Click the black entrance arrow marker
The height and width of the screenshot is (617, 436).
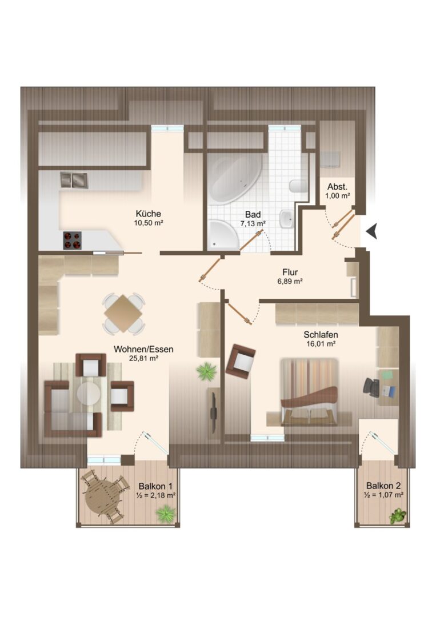click(x=372, y=231)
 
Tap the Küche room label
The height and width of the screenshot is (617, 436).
click(x=149, y=214)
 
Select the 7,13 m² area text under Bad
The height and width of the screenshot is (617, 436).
click(x=253, y=224)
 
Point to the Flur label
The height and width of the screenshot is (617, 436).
click(x=290, y=272)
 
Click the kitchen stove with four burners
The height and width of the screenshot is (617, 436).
click(x=73, y=241)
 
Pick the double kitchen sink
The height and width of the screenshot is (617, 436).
click(x=74, y=180)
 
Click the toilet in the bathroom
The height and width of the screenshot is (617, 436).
click(x=298, y=186)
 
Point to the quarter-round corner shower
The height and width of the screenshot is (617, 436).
click(x=223, y=235)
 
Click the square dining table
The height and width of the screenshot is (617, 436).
click(x=123, y=313)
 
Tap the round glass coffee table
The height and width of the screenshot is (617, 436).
click(x=89, y=393)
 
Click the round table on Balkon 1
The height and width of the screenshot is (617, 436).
click(x=103, y=497)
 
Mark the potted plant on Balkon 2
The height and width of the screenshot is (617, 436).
click(x=398, y=516)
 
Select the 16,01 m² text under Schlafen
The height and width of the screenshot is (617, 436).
click(x=321, y=343)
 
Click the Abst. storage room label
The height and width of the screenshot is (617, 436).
click(x=337, y=187)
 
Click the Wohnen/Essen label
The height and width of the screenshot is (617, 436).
click(x=143, y=350)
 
